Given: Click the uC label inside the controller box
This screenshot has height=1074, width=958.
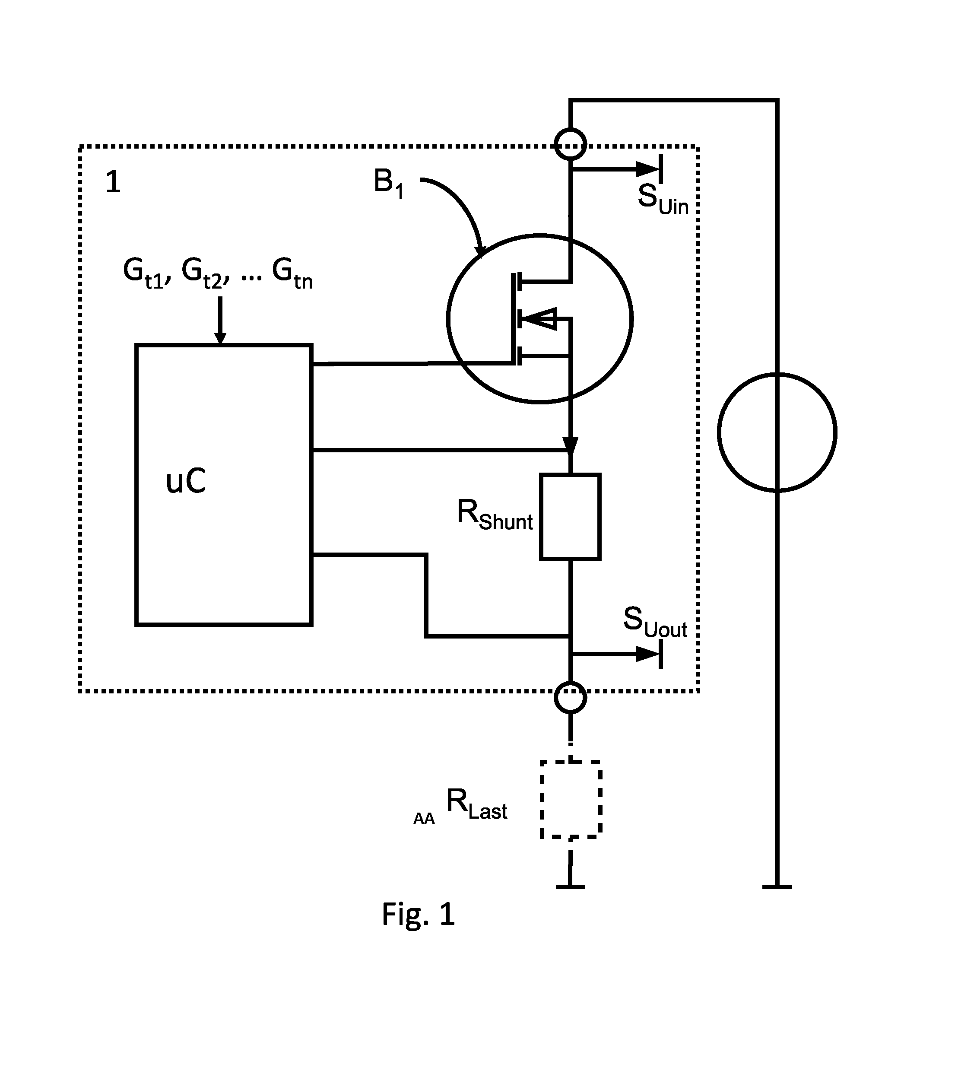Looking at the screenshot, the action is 185,481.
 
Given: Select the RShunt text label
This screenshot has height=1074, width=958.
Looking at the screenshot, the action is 495,515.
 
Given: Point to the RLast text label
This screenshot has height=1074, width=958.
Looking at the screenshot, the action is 476,804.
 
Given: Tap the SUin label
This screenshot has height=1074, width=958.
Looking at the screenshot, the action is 663,199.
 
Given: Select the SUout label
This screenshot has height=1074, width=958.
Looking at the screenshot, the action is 655,622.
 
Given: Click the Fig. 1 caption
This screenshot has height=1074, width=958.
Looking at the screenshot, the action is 418,915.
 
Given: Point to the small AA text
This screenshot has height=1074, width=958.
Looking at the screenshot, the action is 424,819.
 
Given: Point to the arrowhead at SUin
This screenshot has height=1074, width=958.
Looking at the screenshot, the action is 648,169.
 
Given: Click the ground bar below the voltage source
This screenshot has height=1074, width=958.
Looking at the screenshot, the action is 777,887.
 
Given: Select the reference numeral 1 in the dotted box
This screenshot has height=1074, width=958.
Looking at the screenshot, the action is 113,182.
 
